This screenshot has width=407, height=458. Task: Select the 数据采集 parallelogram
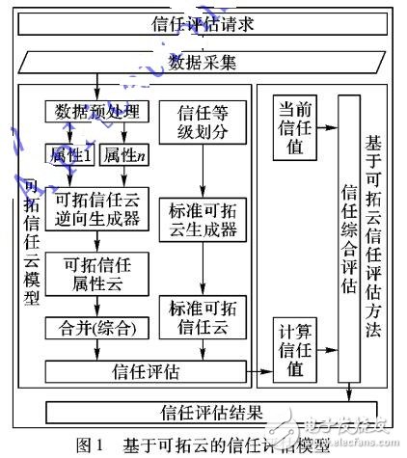(203, 64)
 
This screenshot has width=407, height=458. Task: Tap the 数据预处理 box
(96, 111)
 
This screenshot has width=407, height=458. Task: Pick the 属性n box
(124, 153)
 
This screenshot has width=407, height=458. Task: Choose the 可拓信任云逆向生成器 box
(96, 207)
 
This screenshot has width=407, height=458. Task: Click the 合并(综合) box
(96, 329)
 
